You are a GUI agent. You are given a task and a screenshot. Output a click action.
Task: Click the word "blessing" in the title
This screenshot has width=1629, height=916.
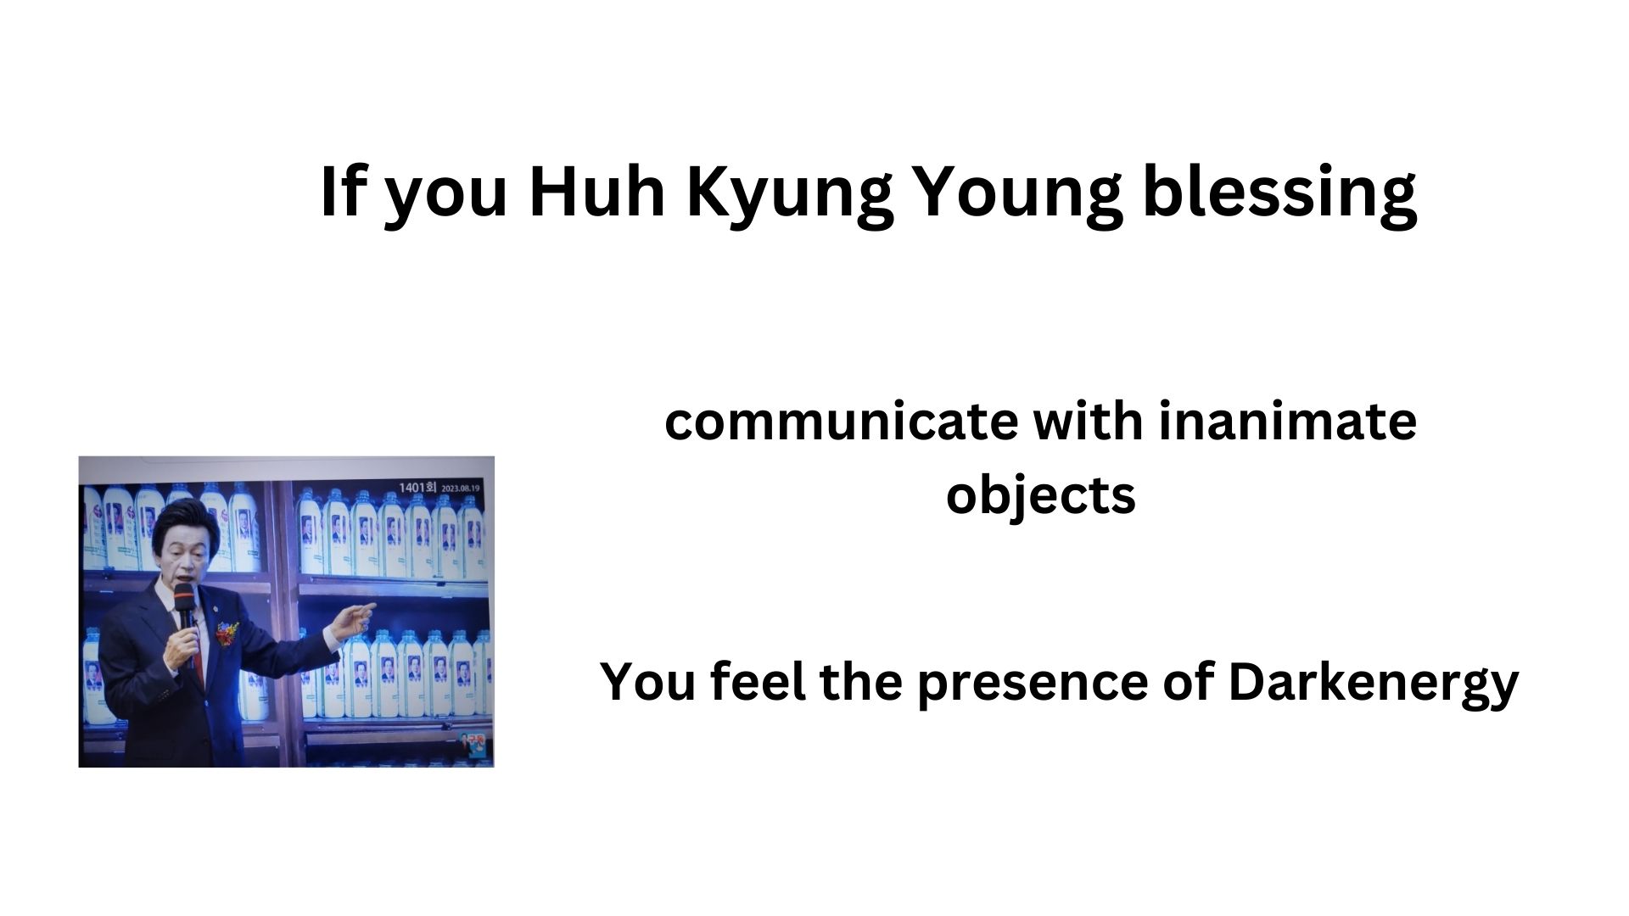pyautogui.click(x=1279, y=194)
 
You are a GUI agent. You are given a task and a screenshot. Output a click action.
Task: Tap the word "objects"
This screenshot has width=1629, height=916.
pyautogui.click(x=1040, y=496)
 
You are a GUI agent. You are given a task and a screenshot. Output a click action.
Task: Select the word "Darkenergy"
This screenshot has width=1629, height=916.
pyautogui.click(x=1373, y=684)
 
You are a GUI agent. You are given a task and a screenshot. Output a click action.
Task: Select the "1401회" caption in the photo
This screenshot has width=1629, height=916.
pyautogui.click(x=416, y=488)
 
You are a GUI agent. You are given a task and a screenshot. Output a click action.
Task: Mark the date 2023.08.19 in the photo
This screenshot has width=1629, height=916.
pyautogui.click(x=458, y=489)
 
